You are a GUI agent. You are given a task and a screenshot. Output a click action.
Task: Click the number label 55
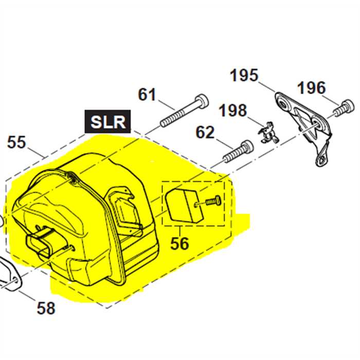tap(16, 142)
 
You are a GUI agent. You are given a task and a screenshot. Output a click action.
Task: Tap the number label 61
tap(147, 95)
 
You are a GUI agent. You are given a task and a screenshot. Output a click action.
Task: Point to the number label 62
tap(205, 133)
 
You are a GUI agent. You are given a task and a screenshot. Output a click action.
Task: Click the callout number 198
tap(232, 110)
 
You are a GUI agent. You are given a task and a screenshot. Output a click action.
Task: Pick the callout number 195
tap(244, 76)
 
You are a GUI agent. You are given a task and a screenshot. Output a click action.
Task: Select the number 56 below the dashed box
tap(179, 243)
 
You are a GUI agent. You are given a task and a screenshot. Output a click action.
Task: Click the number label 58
tap(46, 308)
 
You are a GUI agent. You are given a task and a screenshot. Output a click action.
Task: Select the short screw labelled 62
tap(238, 151)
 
